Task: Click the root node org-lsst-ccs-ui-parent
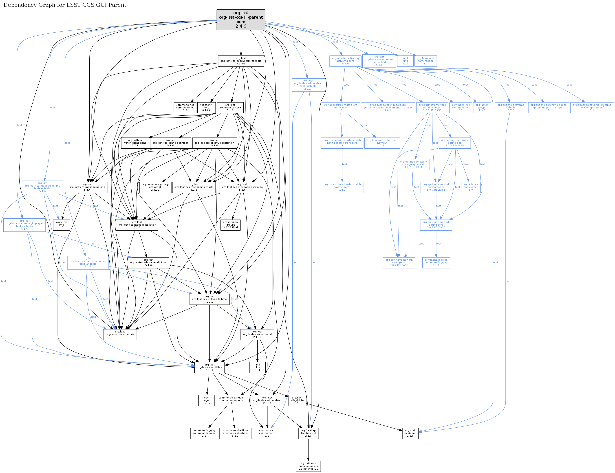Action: click(241, 20)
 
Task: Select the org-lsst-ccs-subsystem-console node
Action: click(241, 61)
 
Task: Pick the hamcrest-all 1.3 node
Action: click(425, 61)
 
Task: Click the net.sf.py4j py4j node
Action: click(206, 108)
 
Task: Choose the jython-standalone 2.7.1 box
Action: click(135, 143)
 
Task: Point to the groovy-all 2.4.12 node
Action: click(155, 187)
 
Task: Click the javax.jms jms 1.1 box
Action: click(61, 225)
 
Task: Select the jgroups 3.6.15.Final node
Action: click(230, 225)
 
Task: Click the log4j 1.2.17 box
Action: click(206, 400)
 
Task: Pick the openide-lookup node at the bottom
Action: click(308, 466)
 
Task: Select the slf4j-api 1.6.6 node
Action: click(410, 433)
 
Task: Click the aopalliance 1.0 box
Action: click(471, 187)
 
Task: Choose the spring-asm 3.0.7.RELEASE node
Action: click(399, 263)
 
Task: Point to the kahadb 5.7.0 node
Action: click(511, 108)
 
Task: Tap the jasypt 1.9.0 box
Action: click(482, 108)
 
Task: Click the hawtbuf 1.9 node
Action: click(382, 143)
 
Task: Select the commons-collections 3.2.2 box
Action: click(235, 433)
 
